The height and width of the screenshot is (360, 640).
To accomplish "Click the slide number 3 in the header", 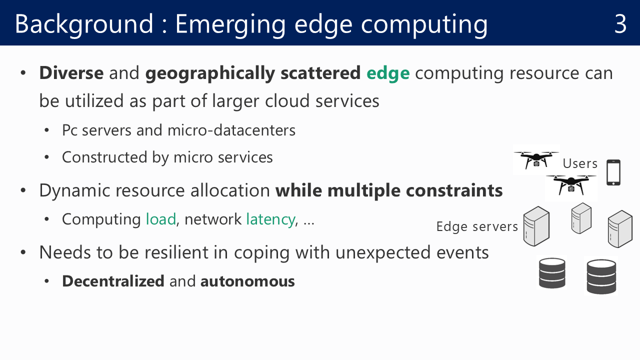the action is (620, 24).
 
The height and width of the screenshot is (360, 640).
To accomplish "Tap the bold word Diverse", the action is (71, 73).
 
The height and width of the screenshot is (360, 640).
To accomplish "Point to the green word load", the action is (161, 219).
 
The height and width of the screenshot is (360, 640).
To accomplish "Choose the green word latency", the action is (270, 220).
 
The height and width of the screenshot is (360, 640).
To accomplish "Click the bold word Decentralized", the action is (113, 281).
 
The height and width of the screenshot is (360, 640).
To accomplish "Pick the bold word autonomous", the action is (247, 281).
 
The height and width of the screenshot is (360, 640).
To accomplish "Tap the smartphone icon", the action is (613, 172).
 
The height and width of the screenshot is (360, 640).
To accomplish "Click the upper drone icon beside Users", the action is (536, 160).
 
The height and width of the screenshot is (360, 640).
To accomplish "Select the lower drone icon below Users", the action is (571, 185).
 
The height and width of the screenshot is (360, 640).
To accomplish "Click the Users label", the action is (580, 163).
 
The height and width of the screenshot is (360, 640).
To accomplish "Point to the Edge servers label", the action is (477, 227).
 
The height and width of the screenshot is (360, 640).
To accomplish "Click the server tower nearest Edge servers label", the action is (536, 226).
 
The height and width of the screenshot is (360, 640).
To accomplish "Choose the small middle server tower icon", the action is (581, 218).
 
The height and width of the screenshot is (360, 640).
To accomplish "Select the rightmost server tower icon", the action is (620, 229).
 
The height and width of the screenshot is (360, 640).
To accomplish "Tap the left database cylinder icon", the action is (552, 273).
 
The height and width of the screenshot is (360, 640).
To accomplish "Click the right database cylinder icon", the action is (601, 276).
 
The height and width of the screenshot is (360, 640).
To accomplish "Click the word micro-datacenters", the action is (231, 130).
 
